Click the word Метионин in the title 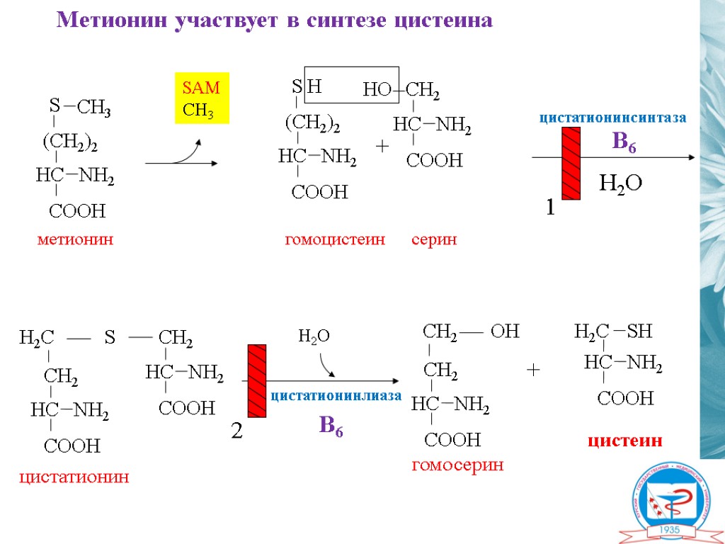pyautogui.click(x=111, y=20)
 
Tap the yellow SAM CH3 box pyautogui.click(x=202, y=100)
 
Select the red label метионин pyautogui.click(x=75, y=240)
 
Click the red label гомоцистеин pyautogui.click(x=335, y=240)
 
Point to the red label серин pyautogui.click(x=434, y=240)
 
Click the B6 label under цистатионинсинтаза pyautogui.click(x=624, y=142)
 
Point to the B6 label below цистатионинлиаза pyautogui.click(x=331, y=425)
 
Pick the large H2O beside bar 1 pyautogui.click(x=621, y=184)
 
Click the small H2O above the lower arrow pyautogui.click(x=314, y=336)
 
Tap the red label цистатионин pyautogui.click(x=74, y=477)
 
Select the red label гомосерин pyautogui.click(x=457, y=465)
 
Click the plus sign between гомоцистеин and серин pyautogui.click(x=382, y=146)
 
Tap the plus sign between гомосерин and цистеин pyautogui.click(x=533, y=370)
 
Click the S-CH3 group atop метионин pyautogui.click(x=79, y=107)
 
